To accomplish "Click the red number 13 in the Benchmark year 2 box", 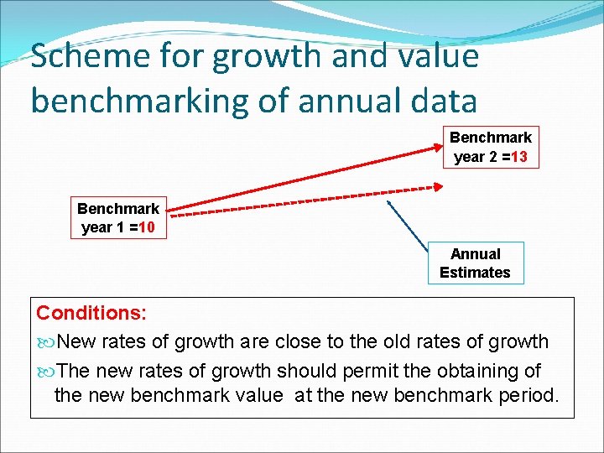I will click(x=518, y=157).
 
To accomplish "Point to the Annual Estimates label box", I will click(x=475, y=263).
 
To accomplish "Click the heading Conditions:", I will click(x=91, y=313).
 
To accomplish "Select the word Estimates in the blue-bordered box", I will click(x=475, y=273).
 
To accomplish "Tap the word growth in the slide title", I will click(x=269, y=57).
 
